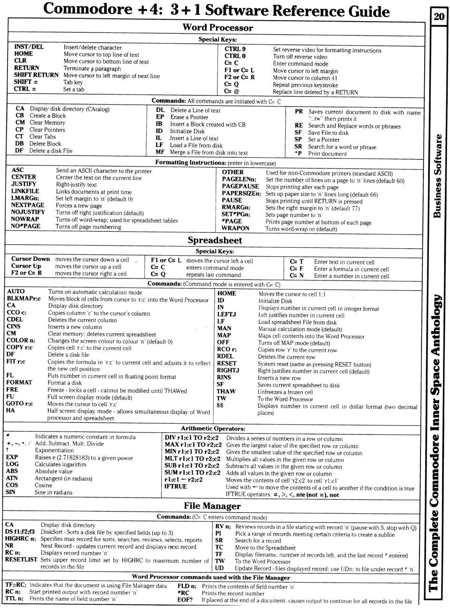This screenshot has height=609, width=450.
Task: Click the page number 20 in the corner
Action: pos(439,16)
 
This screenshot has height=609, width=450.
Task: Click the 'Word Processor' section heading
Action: pos(217,28)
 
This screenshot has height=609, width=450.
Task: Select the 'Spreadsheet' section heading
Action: pos(215,240)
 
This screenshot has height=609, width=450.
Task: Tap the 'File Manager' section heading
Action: pos(212,506)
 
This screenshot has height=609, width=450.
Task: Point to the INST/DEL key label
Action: pos(29,47)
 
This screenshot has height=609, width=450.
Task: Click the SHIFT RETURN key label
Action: pos(36,75)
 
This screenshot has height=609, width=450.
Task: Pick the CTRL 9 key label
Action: pos(235,49)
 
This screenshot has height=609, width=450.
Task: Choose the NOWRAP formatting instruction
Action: pos(25,219)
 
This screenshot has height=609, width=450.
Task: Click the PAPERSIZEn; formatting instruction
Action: pos(241,193)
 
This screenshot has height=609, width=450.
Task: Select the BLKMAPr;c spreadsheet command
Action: pos(24,298)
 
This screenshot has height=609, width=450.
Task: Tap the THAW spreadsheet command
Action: pos(226,391)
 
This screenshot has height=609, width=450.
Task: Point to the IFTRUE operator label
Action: pos(176,487)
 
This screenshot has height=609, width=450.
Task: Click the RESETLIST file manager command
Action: pos(21,560)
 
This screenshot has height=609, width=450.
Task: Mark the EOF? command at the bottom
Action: pos(185,600)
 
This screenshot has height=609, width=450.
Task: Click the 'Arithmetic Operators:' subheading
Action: pos(213,428)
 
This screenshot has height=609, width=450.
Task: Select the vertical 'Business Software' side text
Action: pos(437,176)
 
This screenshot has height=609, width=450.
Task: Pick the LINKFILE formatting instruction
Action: pos(25,191)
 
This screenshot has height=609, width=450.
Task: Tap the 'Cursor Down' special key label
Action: pos(30,259)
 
